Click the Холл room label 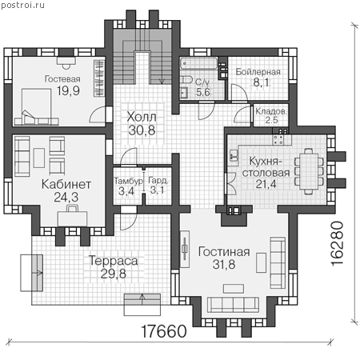142,117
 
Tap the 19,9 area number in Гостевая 68,91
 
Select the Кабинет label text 66,184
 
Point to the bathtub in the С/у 198,63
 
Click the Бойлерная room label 258,72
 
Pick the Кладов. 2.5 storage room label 271,115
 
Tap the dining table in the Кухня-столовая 309,170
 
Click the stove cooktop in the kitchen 278,140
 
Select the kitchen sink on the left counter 234,156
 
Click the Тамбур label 129,182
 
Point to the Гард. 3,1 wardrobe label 158,186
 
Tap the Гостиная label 224,252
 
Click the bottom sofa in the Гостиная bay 234,305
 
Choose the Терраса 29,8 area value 114,274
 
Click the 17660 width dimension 164,331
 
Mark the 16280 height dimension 337,243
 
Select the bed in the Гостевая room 36,107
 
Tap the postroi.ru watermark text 22,5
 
